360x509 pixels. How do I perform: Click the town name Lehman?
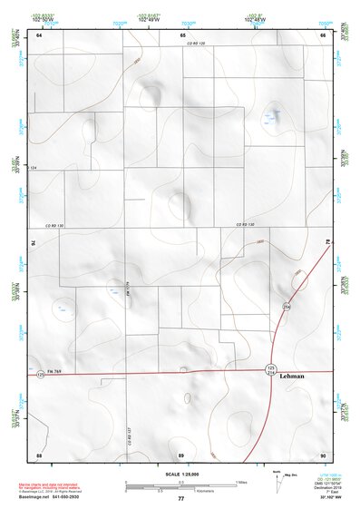click(292, 376)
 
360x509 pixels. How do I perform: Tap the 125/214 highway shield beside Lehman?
click(270, 369)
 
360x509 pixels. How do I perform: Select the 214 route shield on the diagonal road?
click(286, 308)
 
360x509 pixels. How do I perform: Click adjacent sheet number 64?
click(39, 34)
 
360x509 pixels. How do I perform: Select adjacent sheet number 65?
click(181, 34)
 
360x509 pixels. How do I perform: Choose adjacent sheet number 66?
click(323, 34)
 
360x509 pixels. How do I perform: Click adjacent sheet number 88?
click(39, 454)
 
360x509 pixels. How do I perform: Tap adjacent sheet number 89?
click(181, 454)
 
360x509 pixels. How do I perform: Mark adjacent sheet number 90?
click(323, 454)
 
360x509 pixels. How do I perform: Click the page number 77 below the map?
click(180, 499)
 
